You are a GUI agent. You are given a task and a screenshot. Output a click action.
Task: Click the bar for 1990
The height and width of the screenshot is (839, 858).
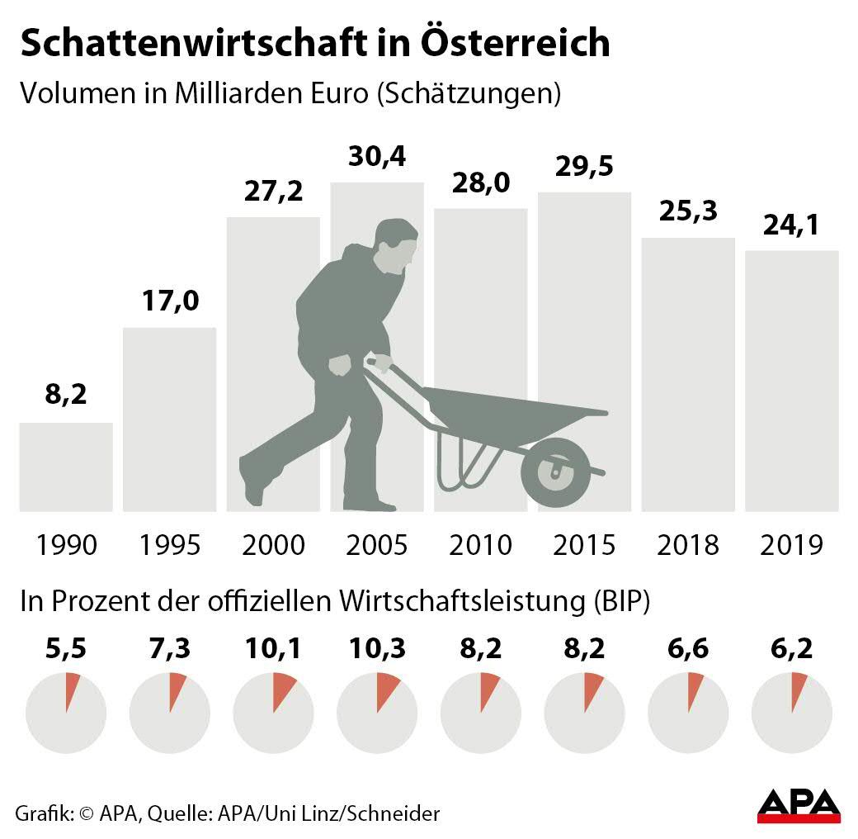click(66, 467)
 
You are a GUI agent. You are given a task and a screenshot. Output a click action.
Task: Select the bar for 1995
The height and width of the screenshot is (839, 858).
click(170, 419)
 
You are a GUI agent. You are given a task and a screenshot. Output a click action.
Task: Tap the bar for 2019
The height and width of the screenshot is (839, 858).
click(792, 381)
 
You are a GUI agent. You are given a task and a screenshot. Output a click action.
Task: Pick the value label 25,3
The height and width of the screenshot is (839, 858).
click(689, 212)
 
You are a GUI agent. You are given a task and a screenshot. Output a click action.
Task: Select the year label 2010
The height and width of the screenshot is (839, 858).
click(481, 545)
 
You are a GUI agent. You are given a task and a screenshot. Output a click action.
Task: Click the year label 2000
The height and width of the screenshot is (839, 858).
click(274, 545)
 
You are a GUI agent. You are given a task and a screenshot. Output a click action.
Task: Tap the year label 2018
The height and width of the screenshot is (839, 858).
click(689, 545)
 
